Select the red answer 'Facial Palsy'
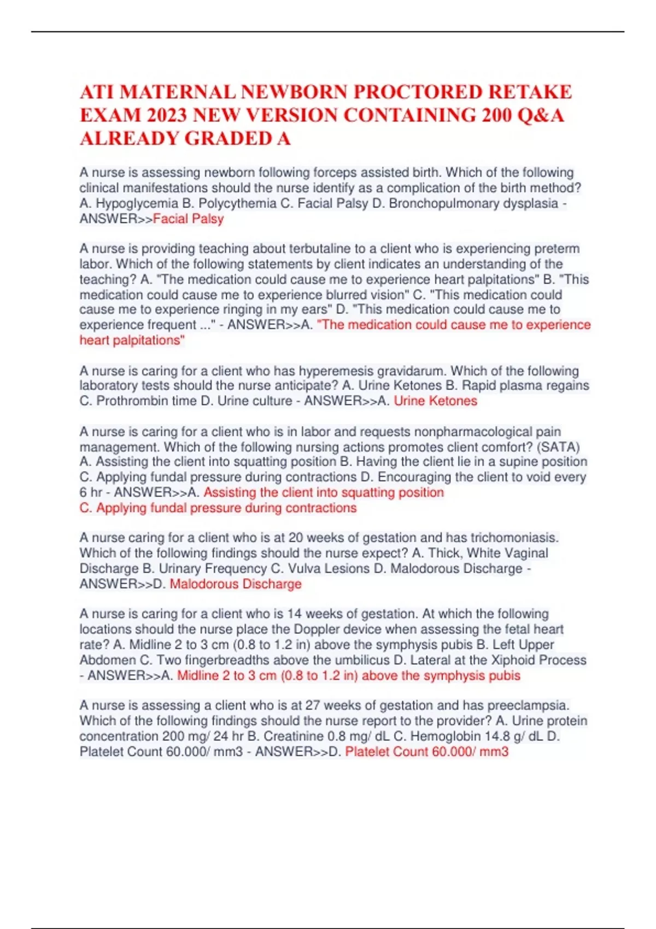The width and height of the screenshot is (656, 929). [188, 219]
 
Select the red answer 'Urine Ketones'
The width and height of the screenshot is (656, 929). [435, 401]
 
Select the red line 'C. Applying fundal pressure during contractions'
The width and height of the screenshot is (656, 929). [218, 508]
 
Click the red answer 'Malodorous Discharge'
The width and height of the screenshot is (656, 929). [236, 584]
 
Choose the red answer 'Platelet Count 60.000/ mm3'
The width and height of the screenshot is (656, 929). [426, 752]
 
